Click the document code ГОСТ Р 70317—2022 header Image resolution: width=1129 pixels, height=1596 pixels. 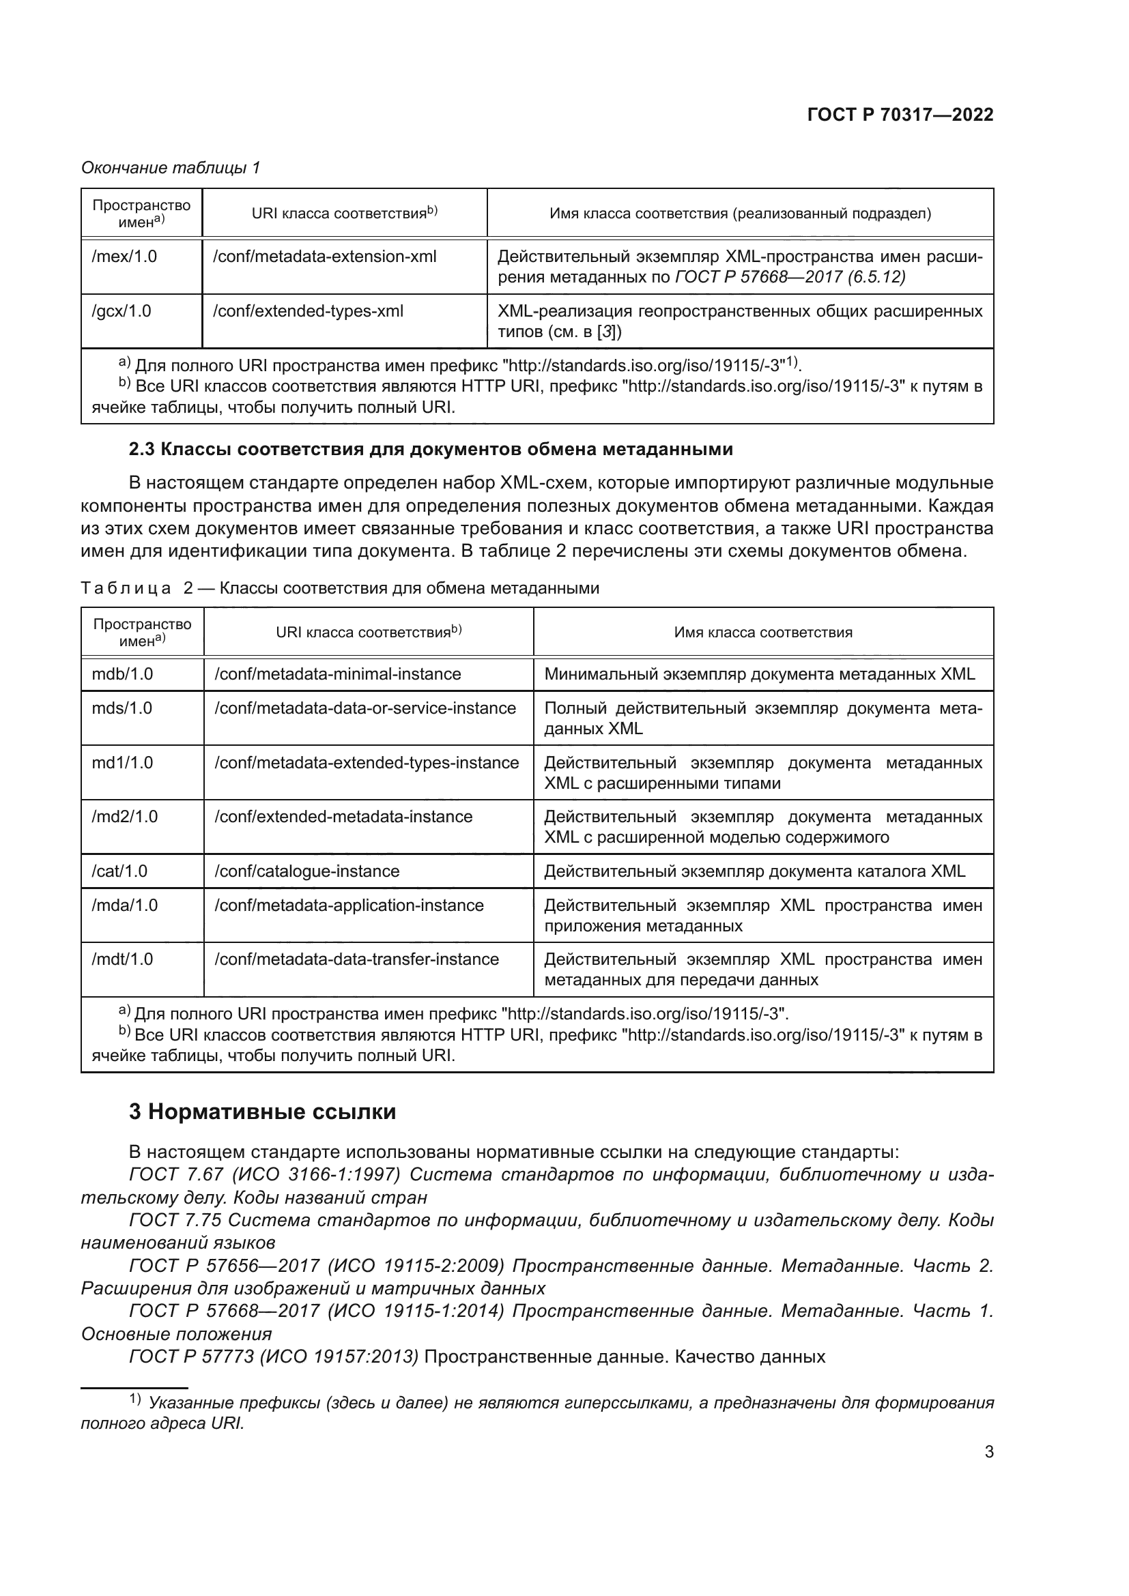pyautogui.click(x=900, y=115)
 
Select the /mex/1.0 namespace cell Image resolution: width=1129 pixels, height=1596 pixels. pyautogui.click(x=124, y=257)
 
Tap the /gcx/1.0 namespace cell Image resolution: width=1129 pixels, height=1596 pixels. pyautogui.click(x=122, y=310)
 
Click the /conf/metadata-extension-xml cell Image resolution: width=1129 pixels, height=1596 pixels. pyautogui.click(x=325, y=257)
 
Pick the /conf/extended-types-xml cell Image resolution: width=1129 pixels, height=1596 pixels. pyautogui.click(x=308, y=310)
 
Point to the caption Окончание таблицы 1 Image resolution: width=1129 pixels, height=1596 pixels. pyautogui.click(x=171, y=168)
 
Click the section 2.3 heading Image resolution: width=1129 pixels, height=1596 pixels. pyautogui.click(x=430, y=449)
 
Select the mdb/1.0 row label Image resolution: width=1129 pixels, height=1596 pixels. pyautogui.click(x=122, y=673)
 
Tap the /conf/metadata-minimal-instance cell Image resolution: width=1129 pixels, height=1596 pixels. pyautogui.click(x=338, y=673)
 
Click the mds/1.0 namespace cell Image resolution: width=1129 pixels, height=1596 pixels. pyautogui.click(x=122, y=708)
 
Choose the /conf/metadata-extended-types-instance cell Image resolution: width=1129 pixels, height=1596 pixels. pyautogui.click(x=367, y=763)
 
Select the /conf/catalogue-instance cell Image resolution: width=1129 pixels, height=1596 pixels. pyautogui.click(x=307, y=871)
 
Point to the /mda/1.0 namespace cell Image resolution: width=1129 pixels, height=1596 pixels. pyautogui.click(x=124, y=905)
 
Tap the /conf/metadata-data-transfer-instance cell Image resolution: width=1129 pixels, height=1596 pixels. pyautogui.click(x=356, y=959)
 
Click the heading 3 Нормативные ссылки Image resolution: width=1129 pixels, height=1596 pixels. pyautogui.click(x=262, y=1112)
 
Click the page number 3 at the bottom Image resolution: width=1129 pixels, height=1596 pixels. pyautogui.click(x=988, y=1451)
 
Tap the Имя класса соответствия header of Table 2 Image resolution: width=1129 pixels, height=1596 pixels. pyautogui.click(x=762, y=633)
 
